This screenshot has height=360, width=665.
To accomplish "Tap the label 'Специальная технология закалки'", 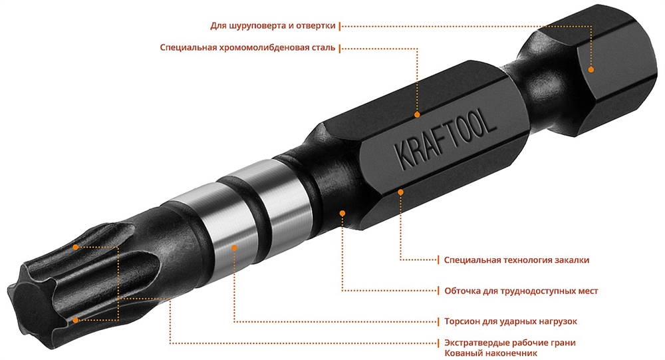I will click(x=516, y=260).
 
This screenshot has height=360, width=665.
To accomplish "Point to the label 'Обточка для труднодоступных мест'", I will click(x=521, y=291).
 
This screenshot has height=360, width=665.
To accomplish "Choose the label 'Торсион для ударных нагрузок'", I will click(x=510, y=321).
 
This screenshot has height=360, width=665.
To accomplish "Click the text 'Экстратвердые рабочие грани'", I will click(x=509, y=343).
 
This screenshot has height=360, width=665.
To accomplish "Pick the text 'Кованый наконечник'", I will click(x=491, y=353).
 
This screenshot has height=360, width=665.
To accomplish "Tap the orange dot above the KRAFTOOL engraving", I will click(x=418, y=114).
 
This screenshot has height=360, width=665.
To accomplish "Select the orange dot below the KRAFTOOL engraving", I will click(x=401, y=192).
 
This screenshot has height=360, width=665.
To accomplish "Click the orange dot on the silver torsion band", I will click(x=235, y=247).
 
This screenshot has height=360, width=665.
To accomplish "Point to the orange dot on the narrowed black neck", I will click(x=342, y=213).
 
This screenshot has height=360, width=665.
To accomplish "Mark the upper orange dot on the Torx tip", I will click(x=76, y=247).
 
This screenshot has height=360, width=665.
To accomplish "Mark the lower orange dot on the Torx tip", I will click(x=76, y=320).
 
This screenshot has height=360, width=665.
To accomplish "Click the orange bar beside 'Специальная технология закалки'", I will click(x=438, y=260).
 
